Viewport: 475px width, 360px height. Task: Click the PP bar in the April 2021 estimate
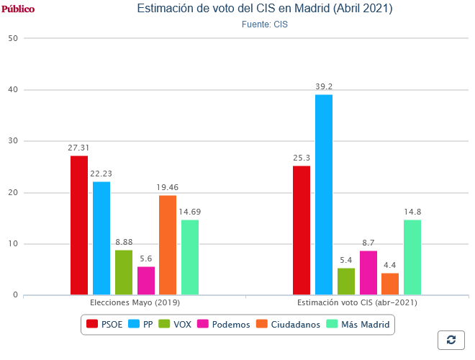(323, 194)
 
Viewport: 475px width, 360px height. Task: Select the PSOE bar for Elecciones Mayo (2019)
(79, 225)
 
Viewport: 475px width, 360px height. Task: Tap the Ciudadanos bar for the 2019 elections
(168, 245)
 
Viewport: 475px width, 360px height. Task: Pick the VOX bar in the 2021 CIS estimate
(345, 282)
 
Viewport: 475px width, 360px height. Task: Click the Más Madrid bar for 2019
(190, 257)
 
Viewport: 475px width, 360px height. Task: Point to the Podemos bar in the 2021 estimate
(368, 273)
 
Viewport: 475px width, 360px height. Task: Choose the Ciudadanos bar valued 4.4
(390, 284)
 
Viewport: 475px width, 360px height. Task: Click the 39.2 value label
(324, 87)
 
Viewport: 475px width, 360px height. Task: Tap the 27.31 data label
(79, 148)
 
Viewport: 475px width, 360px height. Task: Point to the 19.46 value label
(168, 188)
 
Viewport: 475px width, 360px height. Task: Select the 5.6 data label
(146, 259)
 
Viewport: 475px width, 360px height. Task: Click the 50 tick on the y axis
(13, 38)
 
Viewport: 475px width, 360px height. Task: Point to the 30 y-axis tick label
(13, 141)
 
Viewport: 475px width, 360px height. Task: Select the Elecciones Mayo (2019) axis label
(135, 303)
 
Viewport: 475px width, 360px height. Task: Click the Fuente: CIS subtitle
(264, 24)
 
